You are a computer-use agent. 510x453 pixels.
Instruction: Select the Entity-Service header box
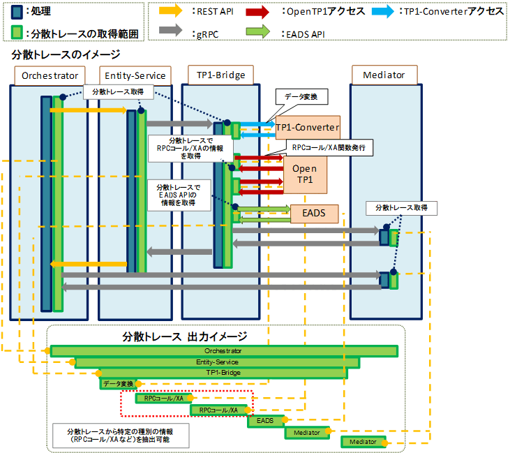135,75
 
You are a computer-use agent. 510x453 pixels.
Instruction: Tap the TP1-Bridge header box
216,75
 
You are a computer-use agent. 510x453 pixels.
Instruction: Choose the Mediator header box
384,75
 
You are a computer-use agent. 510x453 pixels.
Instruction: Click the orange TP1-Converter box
307,127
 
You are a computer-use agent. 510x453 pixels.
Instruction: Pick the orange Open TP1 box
304,174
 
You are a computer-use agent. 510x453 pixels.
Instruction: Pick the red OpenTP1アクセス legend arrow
269,10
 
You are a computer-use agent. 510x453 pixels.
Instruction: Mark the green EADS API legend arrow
269,32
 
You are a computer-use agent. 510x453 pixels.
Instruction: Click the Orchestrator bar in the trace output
223,350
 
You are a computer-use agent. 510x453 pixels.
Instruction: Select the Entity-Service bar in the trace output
217,362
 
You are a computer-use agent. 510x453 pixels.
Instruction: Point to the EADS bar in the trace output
265,421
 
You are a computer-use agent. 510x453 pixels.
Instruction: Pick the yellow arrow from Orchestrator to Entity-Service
88,110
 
